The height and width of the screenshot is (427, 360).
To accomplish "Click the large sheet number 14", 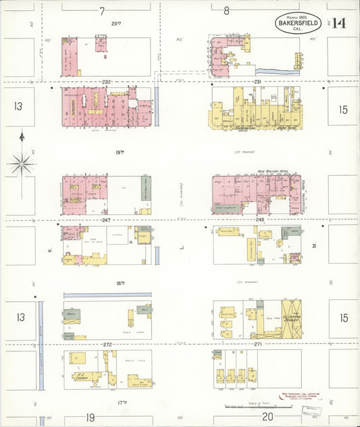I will coord(338,23).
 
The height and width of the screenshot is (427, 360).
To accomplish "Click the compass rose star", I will coord(22,163).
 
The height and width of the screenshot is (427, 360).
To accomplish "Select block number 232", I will coord(106,82).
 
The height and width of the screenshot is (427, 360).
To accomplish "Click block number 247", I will coord(106,220).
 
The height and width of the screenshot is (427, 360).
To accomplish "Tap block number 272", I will coord(106,345).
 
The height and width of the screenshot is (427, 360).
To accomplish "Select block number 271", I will coord(257,345).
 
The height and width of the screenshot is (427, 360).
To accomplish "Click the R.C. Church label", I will coord(82,377).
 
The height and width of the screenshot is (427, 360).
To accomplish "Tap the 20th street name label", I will coord(115,22).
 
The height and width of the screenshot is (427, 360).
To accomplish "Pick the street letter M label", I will coord(314,247).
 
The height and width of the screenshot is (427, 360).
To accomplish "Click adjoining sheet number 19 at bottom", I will coord(90,418).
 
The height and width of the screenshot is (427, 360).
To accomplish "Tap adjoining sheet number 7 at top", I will coord(102,11).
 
